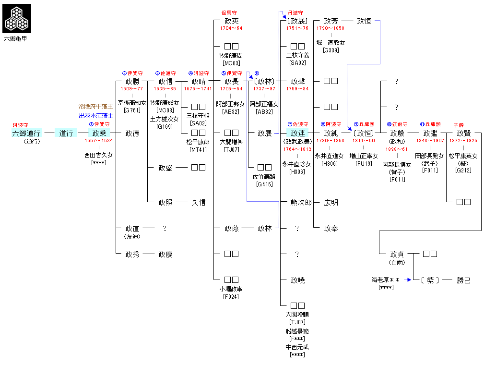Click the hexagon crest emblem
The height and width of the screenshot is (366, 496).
[17, 18]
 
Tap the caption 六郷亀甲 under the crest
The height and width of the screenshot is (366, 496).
[16, 38]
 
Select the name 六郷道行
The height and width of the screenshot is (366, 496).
[26, 133]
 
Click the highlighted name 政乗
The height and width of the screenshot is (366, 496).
[99, 133]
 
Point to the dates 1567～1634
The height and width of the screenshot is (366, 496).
[99, 141]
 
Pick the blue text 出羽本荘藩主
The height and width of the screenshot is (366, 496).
[96, 116]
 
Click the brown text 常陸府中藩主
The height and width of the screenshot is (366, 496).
[96, 107]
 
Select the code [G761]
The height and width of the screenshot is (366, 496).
[132, 110]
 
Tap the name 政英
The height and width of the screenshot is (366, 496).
[231, 21]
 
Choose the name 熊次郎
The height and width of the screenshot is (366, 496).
[301, 202]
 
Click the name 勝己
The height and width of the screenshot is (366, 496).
[463, 280]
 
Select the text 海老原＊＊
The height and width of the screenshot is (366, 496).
[386, 280]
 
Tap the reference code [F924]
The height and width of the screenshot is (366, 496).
[231, 296]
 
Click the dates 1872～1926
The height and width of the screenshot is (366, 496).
[463, 141]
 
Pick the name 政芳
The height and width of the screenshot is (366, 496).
[331, 21]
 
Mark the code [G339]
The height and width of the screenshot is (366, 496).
[331, 50]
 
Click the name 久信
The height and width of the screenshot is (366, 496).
[198, 202]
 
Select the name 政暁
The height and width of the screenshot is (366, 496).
[298, 280]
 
